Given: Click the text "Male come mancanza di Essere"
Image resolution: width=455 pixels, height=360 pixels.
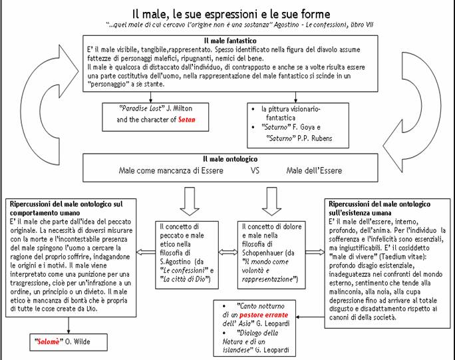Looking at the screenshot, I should tap(170, 170).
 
